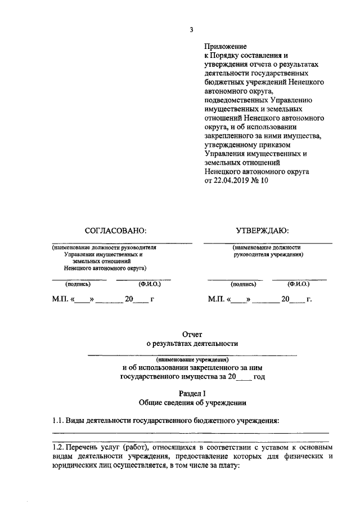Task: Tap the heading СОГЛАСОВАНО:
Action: pos(115,231)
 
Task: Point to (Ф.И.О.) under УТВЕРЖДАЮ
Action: pos(299,284)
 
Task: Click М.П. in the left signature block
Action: pos(55,299)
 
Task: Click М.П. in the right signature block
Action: pos(217,299)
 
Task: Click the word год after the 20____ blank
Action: pos(259,376)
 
